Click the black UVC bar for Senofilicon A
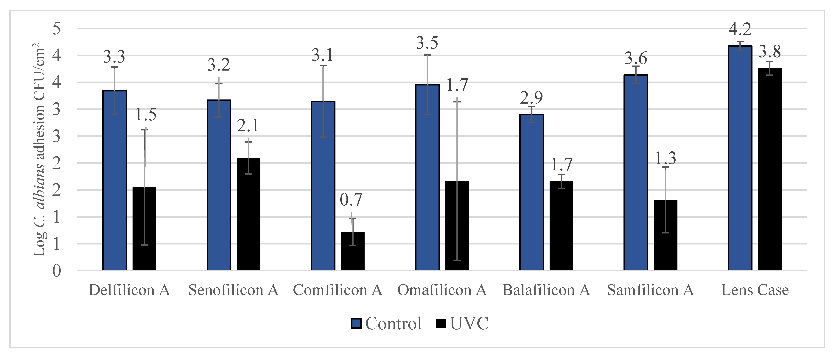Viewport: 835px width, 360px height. pyautogui.click(x=248, y=214)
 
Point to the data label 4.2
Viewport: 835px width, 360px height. pyautogui.click(x=740, y=29)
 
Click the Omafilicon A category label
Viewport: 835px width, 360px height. pyautogui.click(x=442, y=290)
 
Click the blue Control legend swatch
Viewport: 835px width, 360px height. pyautogui.click(x=356, y=323)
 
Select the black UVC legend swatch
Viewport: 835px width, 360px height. pyautogui.click(x=441, y=323)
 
